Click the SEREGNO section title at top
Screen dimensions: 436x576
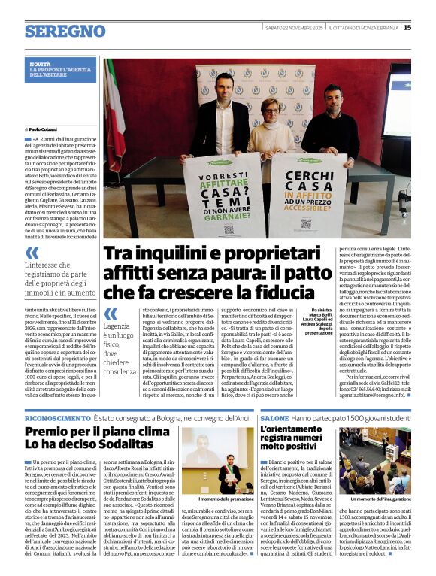coord(65,31)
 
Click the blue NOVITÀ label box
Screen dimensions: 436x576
coord(60,70)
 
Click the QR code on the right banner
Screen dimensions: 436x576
coord(306,223)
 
